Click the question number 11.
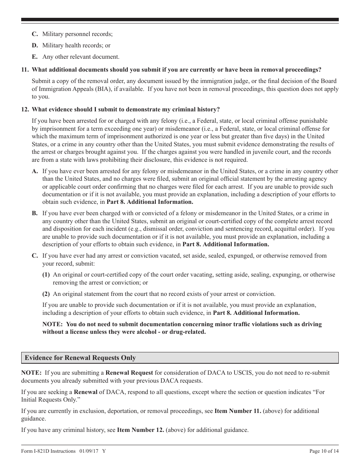tap(25, 70)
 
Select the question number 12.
tap(25, 109)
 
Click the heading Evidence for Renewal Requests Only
tap(80, 358)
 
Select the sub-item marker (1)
tap(46, 275)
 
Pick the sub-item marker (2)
tap(46, 294)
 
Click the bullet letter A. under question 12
tap(35, 171)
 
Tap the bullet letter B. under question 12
tap(35, 213)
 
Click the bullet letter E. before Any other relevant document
tap(35, 57)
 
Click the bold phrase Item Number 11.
tap(238, 411)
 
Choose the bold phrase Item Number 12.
tap(141, 430)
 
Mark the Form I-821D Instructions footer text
tap(49, 451)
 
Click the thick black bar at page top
tap(180, 20)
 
